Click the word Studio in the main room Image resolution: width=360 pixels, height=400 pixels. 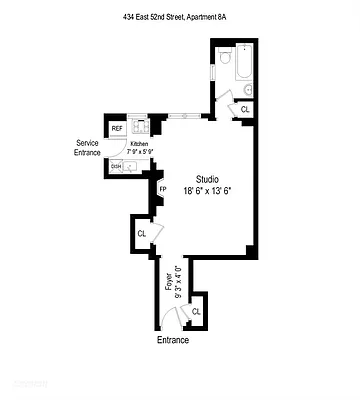tap(207, 180)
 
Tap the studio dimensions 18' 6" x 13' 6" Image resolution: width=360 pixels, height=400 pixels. tap(207, 190)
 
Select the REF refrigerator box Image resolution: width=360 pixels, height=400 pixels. tap(117, 129)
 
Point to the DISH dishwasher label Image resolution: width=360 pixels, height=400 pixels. tap(116, 166)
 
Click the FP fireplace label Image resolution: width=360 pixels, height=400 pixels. tap(162, 189)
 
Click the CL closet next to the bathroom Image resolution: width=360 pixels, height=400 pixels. tap(245, 109)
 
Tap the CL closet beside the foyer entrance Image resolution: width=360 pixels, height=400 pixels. tap(196, 311)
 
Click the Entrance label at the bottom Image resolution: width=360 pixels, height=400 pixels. tap(172, 340)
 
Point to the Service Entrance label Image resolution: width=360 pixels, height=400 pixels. tap(88, 148)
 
